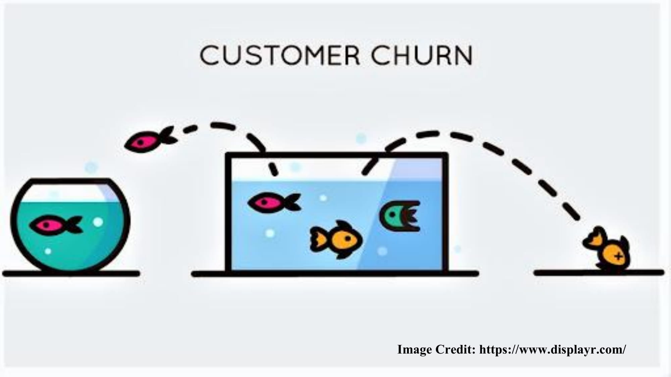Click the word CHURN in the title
click(x=422, y=56)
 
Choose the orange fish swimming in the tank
click(x=337, y=239)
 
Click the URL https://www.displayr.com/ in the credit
click(x=552, y=350)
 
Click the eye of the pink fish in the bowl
click(x=45, y=224)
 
